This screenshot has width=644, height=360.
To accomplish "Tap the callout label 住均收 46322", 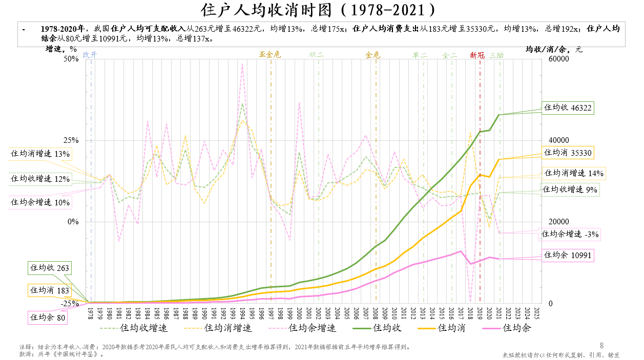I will coord(568,108).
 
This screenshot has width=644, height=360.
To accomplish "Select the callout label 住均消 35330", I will coord(568,153).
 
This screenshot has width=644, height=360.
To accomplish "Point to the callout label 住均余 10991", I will coord(568,255).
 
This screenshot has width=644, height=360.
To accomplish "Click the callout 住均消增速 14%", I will coord(574,173).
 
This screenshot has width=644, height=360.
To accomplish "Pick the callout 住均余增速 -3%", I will coord(570,235).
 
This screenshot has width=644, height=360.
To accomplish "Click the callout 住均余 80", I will coord(48,317).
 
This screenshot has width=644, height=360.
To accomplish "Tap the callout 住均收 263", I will coord(49,268).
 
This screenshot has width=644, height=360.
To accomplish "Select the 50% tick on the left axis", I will coord(71,59).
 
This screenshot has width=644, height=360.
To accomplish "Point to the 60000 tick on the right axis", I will coord(559,59).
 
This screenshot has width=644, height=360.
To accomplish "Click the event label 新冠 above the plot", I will coord(477,55).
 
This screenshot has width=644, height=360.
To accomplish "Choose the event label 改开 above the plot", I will coord(90,55).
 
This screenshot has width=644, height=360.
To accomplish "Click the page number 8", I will coord(602,345).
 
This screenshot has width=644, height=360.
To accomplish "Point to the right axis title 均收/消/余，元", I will coord(554,49).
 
